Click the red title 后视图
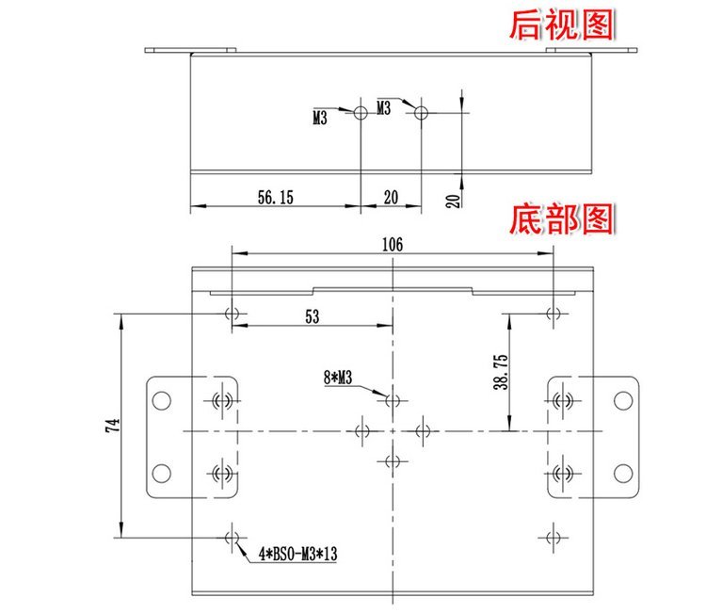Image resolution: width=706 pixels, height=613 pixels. [x=560, y=24]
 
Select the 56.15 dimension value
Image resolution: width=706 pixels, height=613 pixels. [x=276, y=197]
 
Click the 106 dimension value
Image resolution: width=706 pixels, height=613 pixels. [x=393, y=244]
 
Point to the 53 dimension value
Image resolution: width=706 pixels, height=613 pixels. [x=312, y=317]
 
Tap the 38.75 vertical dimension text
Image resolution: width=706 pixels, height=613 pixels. [x=500, y=372]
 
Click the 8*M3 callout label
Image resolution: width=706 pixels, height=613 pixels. [x=337, y=378]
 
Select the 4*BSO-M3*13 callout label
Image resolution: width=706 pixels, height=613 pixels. [x=297, y=556]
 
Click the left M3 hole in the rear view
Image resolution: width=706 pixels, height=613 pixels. [x=361, y=112]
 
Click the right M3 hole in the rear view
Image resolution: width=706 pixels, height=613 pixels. [x=421, y=112]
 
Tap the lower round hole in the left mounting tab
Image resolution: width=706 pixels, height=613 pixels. [x=162, y=473]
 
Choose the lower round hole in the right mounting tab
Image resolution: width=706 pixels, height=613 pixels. [x=622, y=473]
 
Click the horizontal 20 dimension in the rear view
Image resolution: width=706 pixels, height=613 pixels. [x=390, y=197]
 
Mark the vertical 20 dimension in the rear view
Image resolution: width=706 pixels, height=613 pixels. [x=453, y=199]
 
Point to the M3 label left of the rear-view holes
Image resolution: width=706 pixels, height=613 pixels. [x=320, y=120]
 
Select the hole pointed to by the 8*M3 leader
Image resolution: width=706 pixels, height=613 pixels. [x=393, y=400]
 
